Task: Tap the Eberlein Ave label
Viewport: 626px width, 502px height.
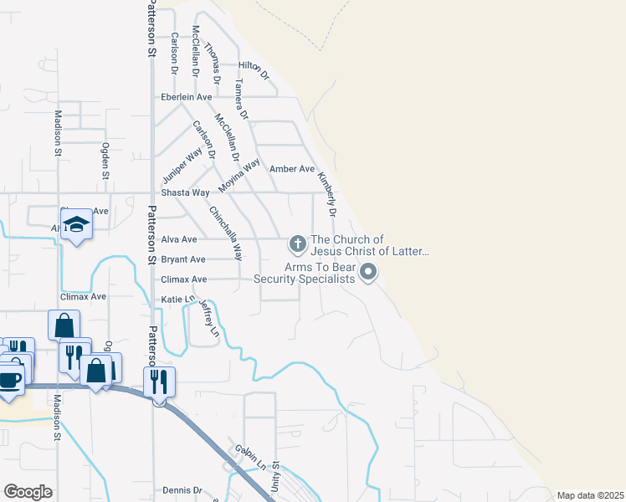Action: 187,97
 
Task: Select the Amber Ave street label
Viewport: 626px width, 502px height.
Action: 292,169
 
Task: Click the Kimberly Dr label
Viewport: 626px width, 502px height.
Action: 326,195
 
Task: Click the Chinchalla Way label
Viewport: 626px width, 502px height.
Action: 226,234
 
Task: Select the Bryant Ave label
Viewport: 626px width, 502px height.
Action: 183,259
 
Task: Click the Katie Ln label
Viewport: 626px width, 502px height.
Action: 177,299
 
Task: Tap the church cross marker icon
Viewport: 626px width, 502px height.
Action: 296,244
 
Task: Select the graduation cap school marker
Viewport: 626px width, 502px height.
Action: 76,224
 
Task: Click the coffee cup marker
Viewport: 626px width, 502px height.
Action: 10,379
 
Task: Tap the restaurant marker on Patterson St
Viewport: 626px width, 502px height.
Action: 159,382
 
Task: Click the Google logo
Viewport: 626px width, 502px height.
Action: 28,492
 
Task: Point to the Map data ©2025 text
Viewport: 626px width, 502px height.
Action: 589,495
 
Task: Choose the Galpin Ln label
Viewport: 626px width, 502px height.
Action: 250,457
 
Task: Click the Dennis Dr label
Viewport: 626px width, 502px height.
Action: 183,490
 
